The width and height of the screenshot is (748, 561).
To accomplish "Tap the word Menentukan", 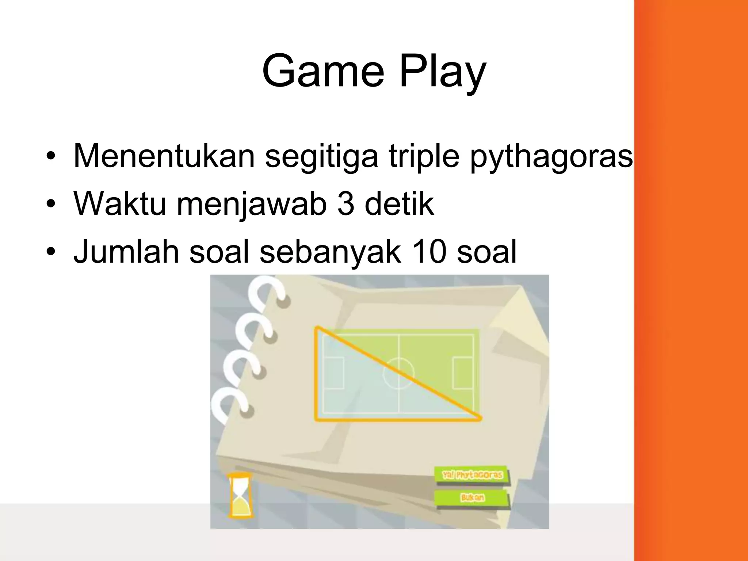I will tap(164, 156).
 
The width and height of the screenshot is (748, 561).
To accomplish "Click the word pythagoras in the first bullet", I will tap(551, 158).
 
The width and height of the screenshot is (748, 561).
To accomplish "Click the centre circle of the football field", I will tap(398, 373).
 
